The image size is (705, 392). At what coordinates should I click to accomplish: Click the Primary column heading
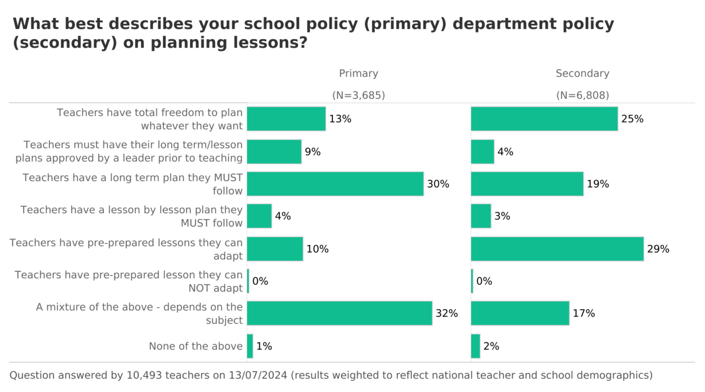tap(358, 73)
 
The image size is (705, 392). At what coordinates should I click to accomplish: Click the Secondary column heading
tap(582, 73)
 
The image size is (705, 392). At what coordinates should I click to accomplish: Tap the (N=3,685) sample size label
tap(358, 96)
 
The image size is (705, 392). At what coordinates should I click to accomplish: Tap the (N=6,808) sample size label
tap(582, 96)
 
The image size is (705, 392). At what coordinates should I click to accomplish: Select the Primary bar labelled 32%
tap(339, 314)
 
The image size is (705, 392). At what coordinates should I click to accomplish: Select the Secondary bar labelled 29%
tap(557, 249)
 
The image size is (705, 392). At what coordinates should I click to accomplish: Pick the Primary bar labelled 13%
tap(286, 119)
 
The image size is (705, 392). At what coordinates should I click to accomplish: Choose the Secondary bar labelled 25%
tap(544, 119)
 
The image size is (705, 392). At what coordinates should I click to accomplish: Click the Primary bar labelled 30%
tap(335, 184)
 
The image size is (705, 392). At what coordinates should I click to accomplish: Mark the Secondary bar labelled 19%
tap(527, 184)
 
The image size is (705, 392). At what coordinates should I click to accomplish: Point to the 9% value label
tap(312, 152)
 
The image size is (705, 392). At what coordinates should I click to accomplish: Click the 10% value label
tap(317, 249)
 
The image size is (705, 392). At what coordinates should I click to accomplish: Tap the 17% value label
tap(584, 314)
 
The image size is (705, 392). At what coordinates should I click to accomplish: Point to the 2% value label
tap(491, 346)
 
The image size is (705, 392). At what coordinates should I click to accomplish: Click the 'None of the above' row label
tap(196, 346)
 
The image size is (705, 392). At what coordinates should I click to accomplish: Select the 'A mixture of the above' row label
tap(140, 307)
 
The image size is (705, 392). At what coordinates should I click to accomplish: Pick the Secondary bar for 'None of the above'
tap(475, 346)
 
